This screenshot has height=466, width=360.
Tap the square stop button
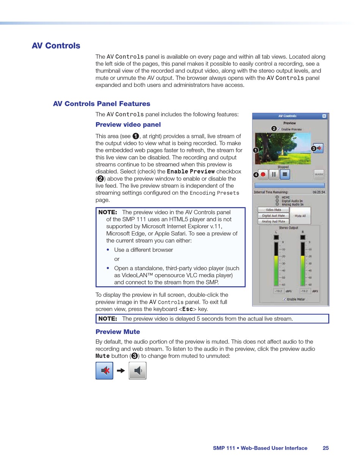pyautogui.click(x=285, y=174)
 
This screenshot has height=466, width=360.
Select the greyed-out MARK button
pyautogui.click(x=319, y=174)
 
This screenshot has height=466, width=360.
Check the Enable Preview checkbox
pyautogui.click(x=279, y=129)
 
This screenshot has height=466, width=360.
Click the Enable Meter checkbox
pyautogui.click(x=284, y=299)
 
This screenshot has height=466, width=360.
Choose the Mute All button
pyautogui.click(x=300, y=215)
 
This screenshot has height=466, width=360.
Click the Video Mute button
pyautogui.click(x=273, y=209)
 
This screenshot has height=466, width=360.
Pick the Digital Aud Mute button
pyautogui.click(x=273, y=215)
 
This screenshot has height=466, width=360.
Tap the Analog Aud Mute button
pyautogui.click(x=273, y=221)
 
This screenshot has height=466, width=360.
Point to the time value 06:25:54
pyautogui.click(x=319, y=192)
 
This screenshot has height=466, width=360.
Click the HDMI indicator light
pyautogui.click(x=277, y=197)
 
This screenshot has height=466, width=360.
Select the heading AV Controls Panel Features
pyautogui.click(x=102, y=104)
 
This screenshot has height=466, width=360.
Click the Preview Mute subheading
pyautogui.click(x=117, y=332)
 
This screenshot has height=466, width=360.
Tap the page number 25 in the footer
pyautogui.click(x=326, y=448)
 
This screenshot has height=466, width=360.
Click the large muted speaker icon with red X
pyautogui.click(x=104, y=370)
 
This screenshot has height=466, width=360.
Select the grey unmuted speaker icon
pyautogui.click(x=138, y=370)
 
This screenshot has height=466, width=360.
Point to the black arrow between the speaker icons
pyautogui.click(x=121, y=371)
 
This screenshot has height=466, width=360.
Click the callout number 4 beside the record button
pyautogui.click(x=256, y=174)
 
